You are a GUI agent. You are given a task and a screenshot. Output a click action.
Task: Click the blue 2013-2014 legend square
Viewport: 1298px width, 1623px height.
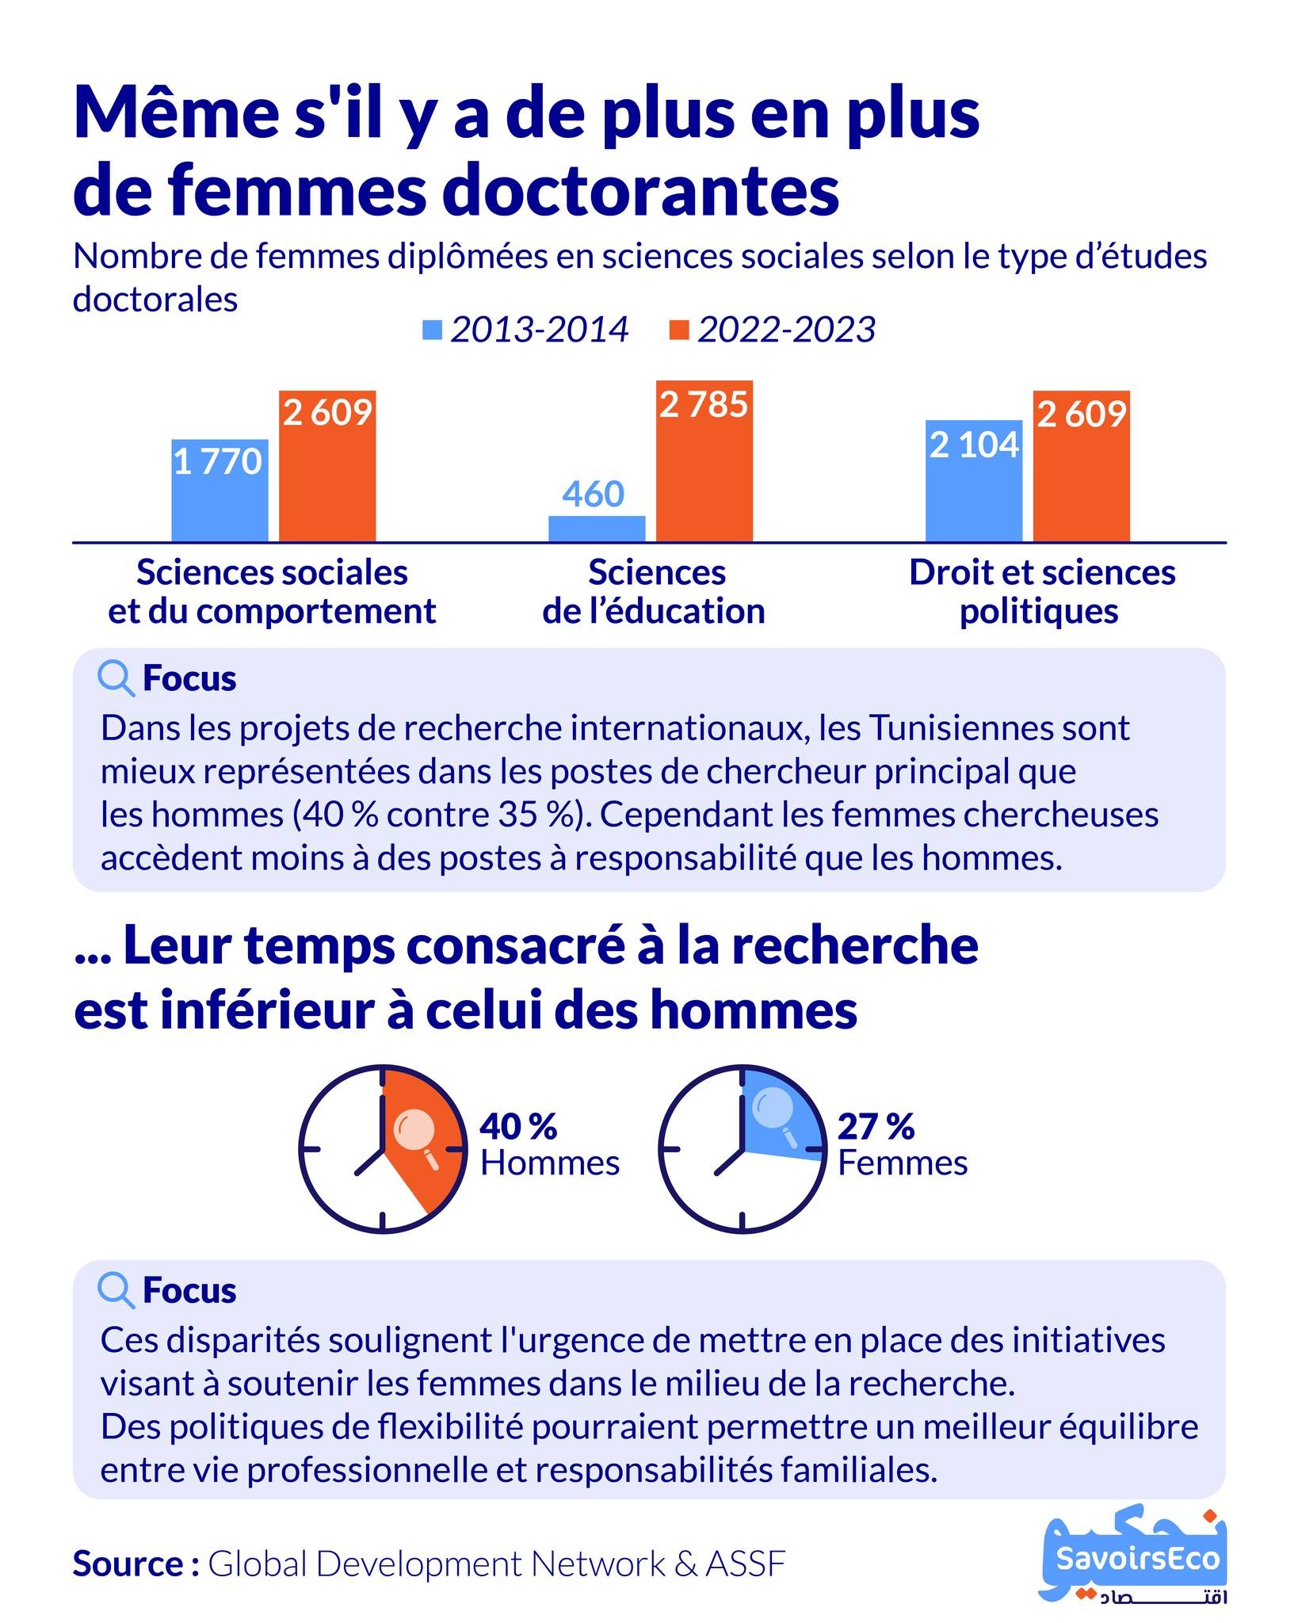point(433,330)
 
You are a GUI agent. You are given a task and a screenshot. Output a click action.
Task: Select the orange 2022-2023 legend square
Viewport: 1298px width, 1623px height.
point(680,330)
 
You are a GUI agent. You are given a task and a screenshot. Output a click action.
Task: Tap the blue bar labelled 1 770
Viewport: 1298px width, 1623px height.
point(220,491)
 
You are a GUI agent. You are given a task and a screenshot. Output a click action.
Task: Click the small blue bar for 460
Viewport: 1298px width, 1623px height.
point(597,529)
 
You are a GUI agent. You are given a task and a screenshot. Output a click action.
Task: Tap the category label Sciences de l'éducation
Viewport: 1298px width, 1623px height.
point(655,592)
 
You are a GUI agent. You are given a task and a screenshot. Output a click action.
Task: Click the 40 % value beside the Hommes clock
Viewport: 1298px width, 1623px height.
point(519,1126)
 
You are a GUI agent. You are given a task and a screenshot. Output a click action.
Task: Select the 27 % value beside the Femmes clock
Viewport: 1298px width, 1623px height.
point(876,1126)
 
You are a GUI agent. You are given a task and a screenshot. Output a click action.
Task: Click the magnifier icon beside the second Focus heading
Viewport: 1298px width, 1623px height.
point(116,1291)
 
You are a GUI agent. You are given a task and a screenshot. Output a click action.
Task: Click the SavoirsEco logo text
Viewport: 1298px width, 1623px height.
point(1138,1559)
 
